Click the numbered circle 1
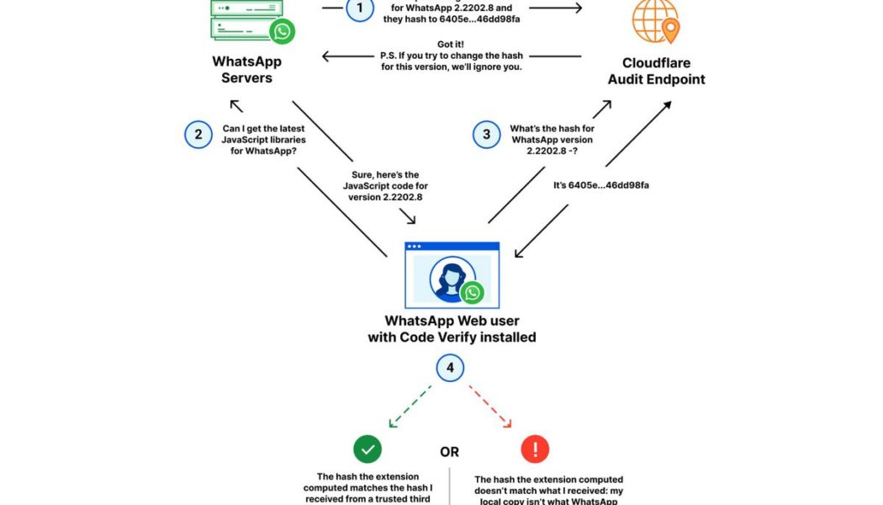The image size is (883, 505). pyautogui.click(x=360, y=9)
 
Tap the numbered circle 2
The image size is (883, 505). pyautogui.click(x=198, y=135)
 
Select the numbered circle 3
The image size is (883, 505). pyautogui.click(x=486, y=135)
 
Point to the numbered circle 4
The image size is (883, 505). pyautogui.click(x=450, y=368)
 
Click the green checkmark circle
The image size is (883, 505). pyautogui.click(x=367, y=450)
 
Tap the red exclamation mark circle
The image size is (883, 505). pyautogui.click(x=535, y=450)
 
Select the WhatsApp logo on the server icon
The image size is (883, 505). pyautogui.click(x=282, y=32)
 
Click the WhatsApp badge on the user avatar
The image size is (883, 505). pyautogui.click(x=473, y=292)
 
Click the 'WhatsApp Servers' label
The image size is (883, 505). pyautogui.click(x=246, y=70)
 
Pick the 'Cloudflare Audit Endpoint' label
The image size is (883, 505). pyautogui.click(x=664, y=72)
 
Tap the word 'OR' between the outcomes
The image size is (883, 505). pyautogui.click(x=450, y=452)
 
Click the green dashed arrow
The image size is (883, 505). pyautogui.click(x=410, y=405)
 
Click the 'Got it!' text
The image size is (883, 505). pyautogui.click(x=452, y=43)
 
